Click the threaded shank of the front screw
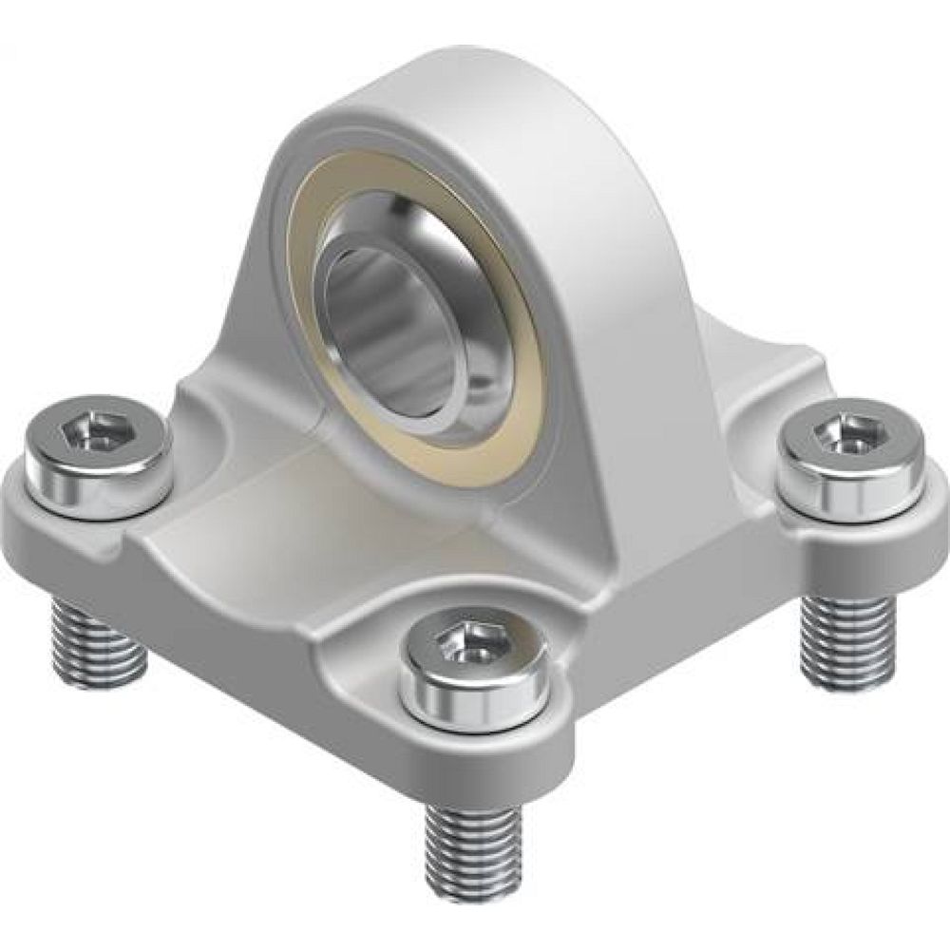coord(473,845)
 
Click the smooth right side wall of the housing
coord(608,332)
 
